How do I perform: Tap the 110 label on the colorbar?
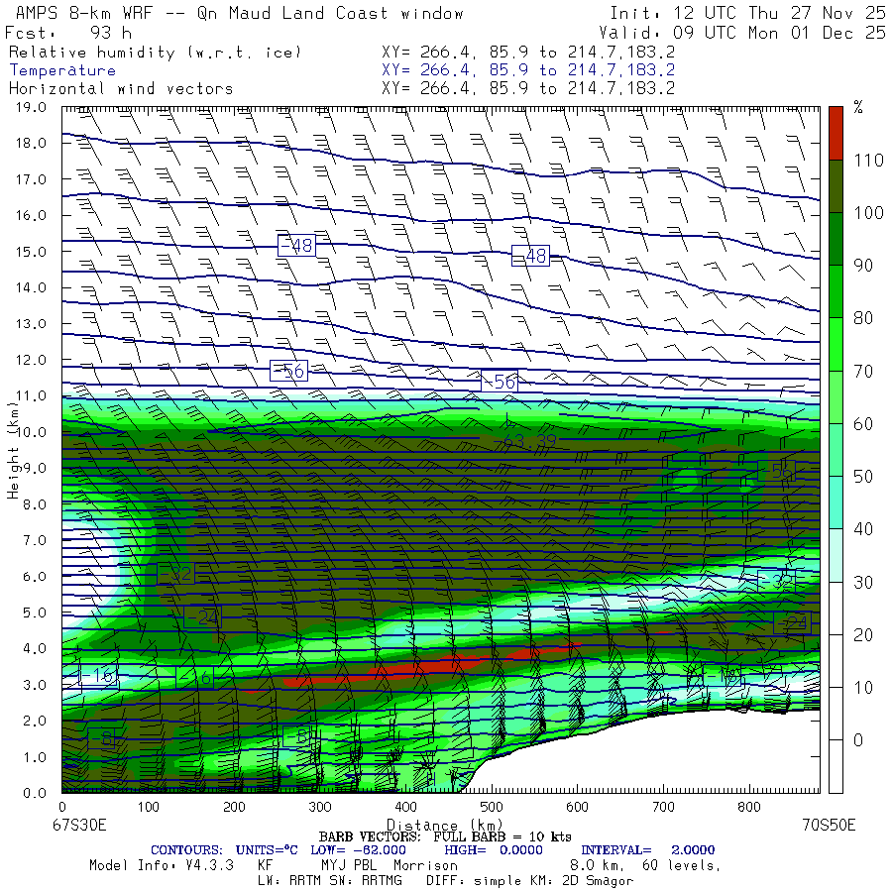coord(863,161)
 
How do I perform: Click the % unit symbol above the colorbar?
coord(858,108)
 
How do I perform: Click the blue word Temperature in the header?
coord(62,70)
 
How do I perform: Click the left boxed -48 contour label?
coord(295,246)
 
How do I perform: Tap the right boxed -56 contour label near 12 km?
coord(500,382)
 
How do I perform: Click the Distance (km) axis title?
coord(444,825)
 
